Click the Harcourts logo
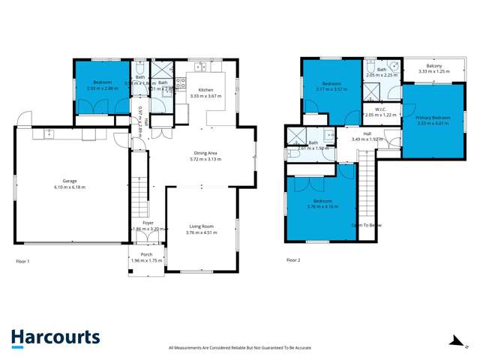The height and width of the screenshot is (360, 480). tap(55, 339)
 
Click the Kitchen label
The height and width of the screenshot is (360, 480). tap(205, 89)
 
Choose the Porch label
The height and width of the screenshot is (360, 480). tap(146, 254)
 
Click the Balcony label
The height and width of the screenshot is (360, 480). tap(434, 67)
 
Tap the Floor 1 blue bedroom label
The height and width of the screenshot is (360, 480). tap(102, 82)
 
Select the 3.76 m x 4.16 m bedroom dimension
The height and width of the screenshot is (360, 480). tap(323, 206)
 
